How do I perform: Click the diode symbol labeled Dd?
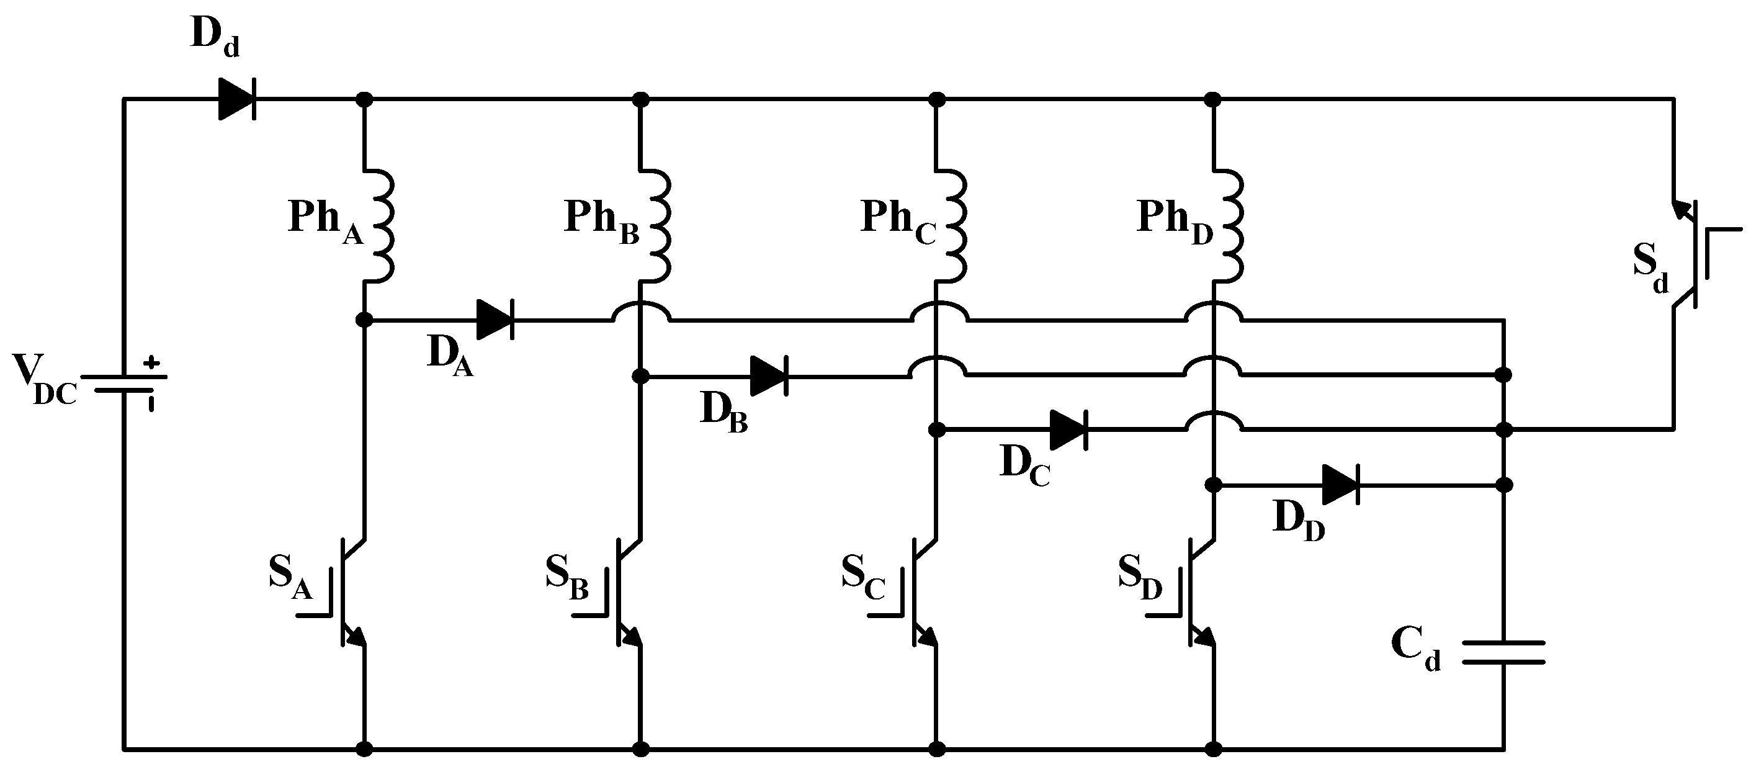pyautogui.click(x=237, y=100)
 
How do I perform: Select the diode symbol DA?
pyautogui.click(x=496, y=320)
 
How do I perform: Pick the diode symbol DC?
pyautogui.click(x=1069, y=429)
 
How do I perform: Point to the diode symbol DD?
pyautogui.click(x=1341, y=485)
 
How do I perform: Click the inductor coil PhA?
pyautogui.click(x=379, y=224)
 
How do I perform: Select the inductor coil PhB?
pyautogui.click(x=655, y=224)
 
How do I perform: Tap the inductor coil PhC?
pyautogui.click(x=952, y=224)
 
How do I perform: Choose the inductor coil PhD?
pyautogui.click(x=1227, y=224)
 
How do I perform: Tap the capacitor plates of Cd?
pyautogui.click(x=1503, y=652)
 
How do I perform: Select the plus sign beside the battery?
pyautogui.click(x=151, y=363)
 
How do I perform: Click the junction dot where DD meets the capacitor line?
pyautogui.click(x=1505, y=485)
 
